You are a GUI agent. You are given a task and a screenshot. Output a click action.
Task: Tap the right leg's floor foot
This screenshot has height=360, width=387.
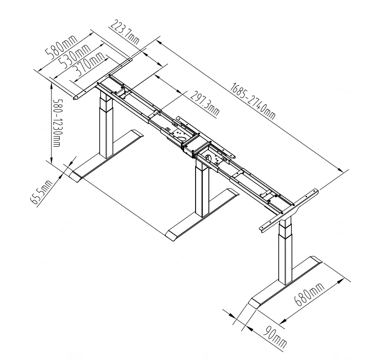coord(285,284)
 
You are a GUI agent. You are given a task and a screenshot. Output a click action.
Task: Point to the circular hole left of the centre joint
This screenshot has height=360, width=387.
coord(181,137)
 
